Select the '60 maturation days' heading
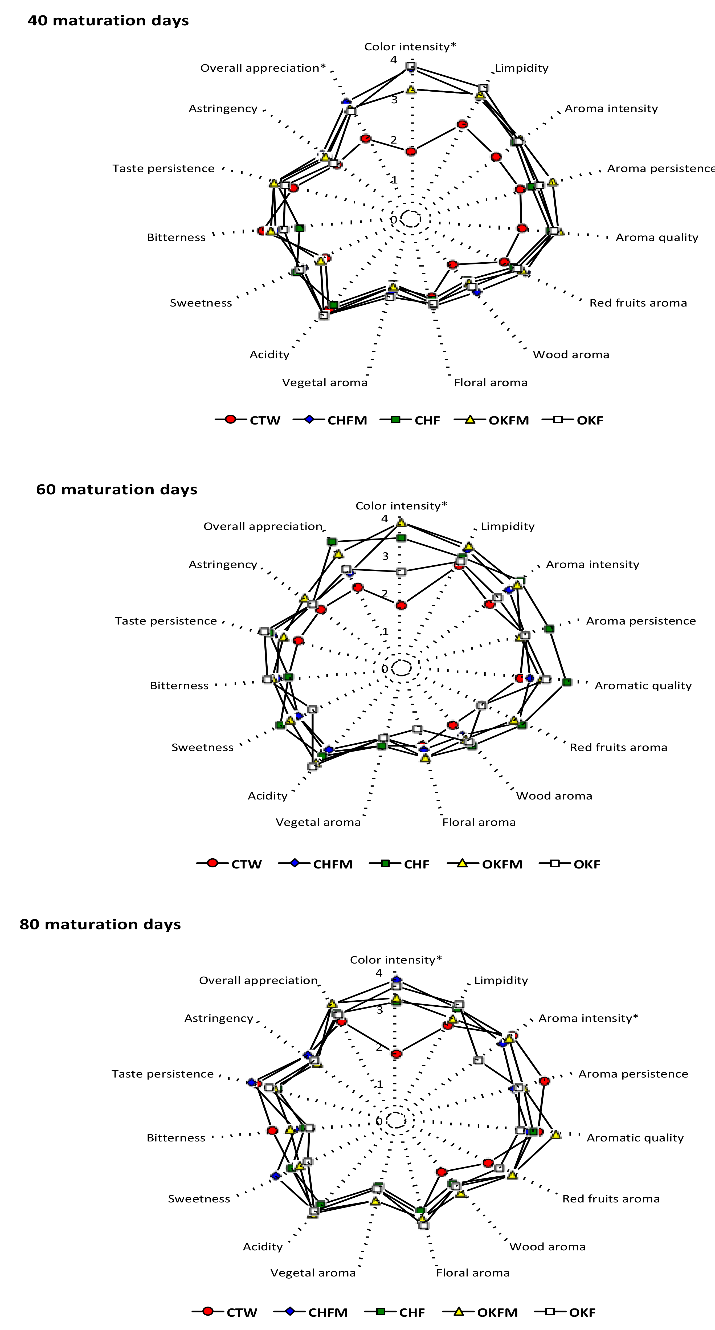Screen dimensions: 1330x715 117,489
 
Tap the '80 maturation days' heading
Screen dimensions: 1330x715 100,924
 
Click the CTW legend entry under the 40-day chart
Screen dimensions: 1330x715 248,420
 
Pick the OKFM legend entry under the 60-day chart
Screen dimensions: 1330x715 485,864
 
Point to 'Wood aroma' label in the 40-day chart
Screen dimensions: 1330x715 571,355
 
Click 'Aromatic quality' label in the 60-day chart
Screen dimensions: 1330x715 643,686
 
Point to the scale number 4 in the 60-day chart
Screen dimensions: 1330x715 385,518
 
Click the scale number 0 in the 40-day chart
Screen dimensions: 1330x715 393,220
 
